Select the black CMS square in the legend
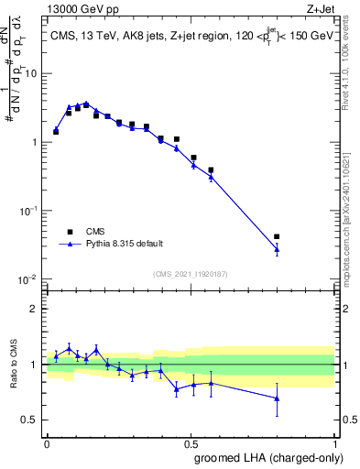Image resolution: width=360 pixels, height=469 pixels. tap(70, 232)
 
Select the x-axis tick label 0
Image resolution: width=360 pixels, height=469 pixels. tap(47, 442)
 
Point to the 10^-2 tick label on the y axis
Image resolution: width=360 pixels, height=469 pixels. tap(30, 278)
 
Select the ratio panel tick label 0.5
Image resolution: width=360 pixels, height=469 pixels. tap(33, 420)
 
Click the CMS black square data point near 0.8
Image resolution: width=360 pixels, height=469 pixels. tap(277, 236)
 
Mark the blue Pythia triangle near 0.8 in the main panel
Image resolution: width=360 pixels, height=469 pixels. tap(277, 248)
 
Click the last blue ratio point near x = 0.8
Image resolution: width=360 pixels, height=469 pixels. tap(277, 398)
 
